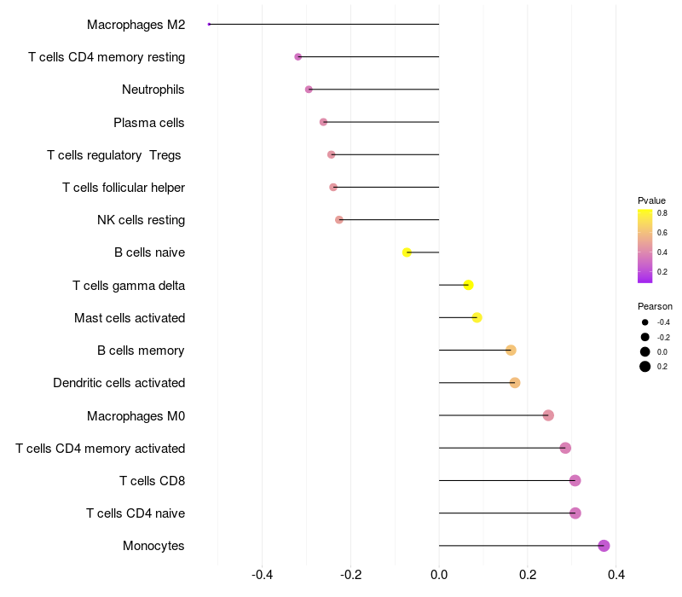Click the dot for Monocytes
point(604,546)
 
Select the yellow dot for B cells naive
point(407,252)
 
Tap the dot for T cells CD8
point(575,481)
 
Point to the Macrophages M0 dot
point(548,415)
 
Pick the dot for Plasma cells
point(323,122)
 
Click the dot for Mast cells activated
point(477,318)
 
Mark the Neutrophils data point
point(309,90)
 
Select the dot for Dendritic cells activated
point(515,383)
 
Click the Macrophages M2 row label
point(136,25)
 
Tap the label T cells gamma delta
point(129,285)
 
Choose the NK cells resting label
point(141,220)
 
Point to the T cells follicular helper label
point(124,188)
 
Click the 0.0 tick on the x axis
point(439,575)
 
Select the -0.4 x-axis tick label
point(263,575)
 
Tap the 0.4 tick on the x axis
point(616,575)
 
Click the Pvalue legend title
point(651,200)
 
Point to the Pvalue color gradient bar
point(645,246)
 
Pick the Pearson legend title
point(655,306)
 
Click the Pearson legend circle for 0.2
point(645,367)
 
